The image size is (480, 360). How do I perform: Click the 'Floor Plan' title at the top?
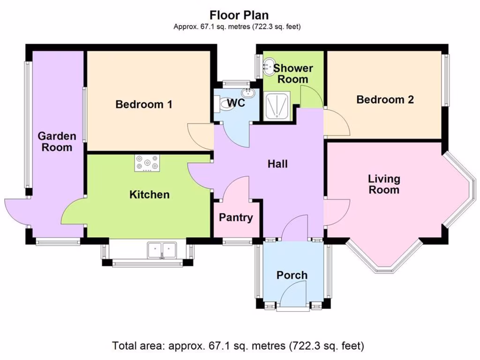pos(239,15)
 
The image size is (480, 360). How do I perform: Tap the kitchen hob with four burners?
pos(147,163)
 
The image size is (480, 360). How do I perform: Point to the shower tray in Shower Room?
pos(277,105)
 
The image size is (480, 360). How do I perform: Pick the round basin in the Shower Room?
pos(269,67)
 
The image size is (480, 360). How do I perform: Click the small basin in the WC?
pos(248,93)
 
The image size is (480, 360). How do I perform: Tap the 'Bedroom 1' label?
pos(144,104)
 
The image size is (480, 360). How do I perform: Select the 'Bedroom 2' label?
pos(385,99)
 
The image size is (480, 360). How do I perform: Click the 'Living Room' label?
pos(384,184)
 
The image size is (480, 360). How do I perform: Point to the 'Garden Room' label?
pos(56,142)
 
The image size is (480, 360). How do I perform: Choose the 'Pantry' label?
pos(236,217)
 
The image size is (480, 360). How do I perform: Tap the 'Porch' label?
pos(292,275)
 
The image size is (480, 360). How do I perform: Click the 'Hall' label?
pos(277,164)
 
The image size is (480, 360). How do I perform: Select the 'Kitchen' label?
pos(150,194)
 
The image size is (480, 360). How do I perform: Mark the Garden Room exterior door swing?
pos(16,209)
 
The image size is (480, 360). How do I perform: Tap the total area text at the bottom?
pos(238,346)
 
